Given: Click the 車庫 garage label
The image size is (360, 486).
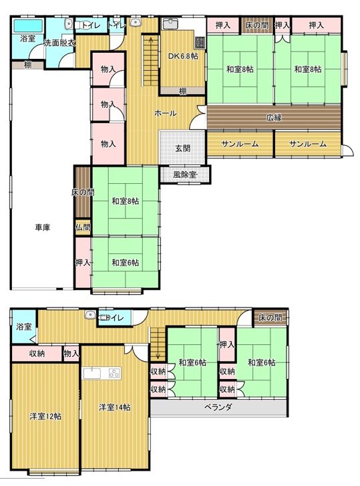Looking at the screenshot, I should tap(43, 227).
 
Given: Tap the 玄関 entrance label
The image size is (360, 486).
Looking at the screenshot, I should tap(182, 148).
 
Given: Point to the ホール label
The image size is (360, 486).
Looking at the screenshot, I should tap(165, 114).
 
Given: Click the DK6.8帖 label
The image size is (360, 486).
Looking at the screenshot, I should tap(182, 56).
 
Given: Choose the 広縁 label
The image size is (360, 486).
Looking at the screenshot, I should tap(274, 118).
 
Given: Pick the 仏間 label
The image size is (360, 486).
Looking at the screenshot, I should tap(83, 228).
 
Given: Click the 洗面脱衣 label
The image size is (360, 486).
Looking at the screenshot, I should tap(59, 43).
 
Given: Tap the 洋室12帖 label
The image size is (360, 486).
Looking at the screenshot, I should tap(45, 416).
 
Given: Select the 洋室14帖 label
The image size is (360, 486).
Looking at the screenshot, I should tap(114, 407).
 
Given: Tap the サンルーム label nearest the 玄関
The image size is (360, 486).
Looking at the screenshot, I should tap(240, 144).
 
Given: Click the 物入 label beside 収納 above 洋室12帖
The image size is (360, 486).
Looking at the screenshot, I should tap(71, 353).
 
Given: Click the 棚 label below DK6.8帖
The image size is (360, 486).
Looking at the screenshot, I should tap(182, 91).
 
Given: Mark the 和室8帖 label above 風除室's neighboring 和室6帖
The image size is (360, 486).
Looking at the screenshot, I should tap(125, 201).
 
